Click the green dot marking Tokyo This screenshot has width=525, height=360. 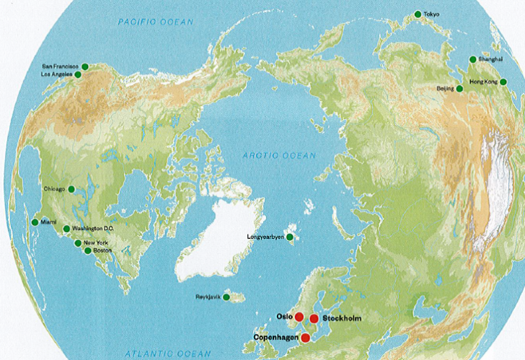(418, 14)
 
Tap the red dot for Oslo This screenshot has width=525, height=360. (299, 317)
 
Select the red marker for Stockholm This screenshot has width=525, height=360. (314, 319)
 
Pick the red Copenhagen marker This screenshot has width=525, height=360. (306, 338)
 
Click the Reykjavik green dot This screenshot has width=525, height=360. (226, 297)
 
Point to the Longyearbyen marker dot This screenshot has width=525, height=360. (290, 237)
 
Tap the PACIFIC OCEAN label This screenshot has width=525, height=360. (156, 23)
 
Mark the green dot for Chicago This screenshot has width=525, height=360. (71, 189)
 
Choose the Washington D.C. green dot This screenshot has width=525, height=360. (66, 229)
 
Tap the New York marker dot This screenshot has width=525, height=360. (78, 243)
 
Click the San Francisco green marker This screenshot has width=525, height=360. (84, 66)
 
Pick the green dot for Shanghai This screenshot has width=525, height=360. (473, 59)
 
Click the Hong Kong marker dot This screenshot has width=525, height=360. (503, 82)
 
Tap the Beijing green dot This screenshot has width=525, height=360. (460, 89)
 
